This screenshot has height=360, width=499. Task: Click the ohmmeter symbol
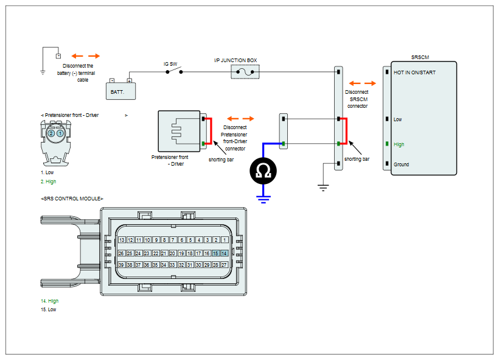[x=263, y=171]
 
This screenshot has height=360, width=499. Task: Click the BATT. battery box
[x=120, y=91]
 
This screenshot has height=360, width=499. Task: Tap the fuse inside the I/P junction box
[x=245, y=72]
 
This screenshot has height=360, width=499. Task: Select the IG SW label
[x=170, y=64]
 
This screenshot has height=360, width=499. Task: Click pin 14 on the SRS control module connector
[x=224, y=253]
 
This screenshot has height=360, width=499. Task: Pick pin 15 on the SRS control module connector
[x=215, y=253]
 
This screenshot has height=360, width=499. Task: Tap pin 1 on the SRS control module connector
[x=225, y=240]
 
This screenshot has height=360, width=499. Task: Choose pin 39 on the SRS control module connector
[x=121, y=265]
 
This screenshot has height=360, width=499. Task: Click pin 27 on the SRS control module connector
[x=224, y=265]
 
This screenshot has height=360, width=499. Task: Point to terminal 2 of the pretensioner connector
[x=51, y=133]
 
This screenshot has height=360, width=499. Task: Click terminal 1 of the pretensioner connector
[x=60, y=133]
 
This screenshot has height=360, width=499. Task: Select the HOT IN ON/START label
[x=414, y=72]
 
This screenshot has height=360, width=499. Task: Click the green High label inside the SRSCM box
[x=399, y=144]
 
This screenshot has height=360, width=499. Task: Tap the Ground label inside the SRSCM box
[x=401, y=164]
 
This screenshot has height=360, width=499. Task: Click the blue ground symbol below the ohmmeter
[x=263, y=199]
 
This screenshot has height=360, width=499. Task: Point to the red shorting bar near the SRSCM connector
[x=346, y=131]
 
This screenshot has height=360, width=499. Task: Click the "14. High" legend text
[x=50, y=301]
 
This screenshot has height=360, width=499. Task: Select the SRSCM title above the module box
[x=420, y=57]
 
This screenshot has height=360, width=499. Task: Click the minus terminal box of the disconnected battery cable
[x=58, y=56]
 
